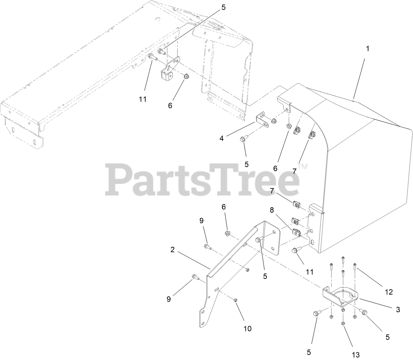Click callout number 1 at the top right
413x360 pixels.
(368, 48)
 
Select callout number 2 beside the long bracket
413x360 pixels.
(172, 250)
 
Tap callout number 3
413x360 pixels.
(398, 310)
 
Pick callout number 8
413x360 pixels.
(272, 210)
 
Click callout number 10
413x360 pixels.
(247, 328)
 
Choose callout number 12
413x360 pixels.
(389, 292)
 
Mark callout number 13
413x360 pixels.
(355, 355)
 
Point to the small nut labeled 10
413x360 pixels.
(236, 299)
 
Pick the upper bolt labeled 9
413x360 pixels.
(207, 247)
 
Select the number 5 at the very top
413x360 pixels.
(223, 8)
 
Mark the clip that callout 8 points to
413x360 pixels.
(297, 232)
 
